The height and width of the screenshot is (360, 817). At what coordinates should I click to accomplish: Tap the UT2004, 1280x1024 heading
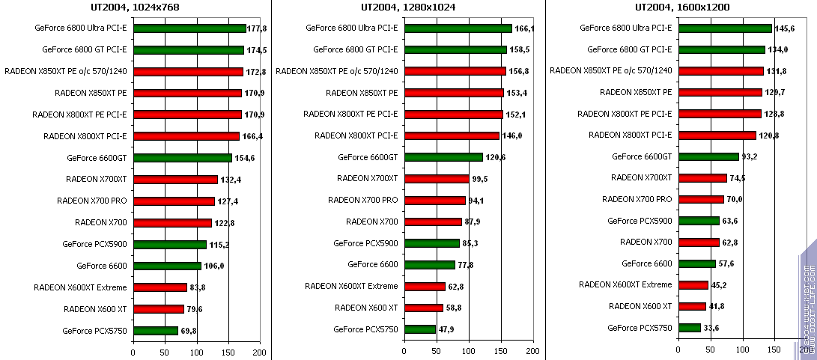coord(407,8)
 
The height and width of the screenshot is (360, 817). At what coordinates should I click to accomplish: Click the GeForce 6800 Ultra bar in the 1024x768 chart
coord(189,28)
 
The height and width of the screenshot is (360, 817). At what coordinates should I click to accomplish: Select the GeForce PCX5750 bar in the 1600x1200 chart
coord(689,328)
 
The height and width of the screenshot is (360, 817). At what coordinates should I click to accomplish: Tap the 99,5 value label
coord(480,179)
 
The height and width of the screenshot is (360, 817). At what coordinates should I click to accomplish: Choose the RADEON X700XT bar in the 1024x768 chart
coord(175,180)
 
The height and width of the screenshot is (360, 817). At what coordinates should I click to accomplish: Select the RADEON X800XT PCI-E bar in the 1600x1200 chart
coord(717,135)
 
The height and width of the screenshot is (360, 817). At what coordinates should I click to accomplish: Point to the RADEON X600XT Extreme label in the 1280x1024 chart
coord(351,286)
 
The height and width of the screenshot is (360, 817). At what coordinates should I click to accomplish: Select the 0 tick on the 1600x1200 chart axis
coord(678,351)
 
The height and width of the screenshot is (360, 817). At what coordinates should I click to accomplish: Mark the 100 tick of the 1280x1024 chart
coord(469,351)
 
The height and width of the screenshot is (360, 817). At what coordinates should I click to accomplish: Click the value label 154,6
coord(244,158)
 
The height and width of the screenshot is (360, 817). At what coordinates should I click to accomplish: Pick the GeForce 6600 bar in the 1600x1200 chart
coord(696,263)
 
